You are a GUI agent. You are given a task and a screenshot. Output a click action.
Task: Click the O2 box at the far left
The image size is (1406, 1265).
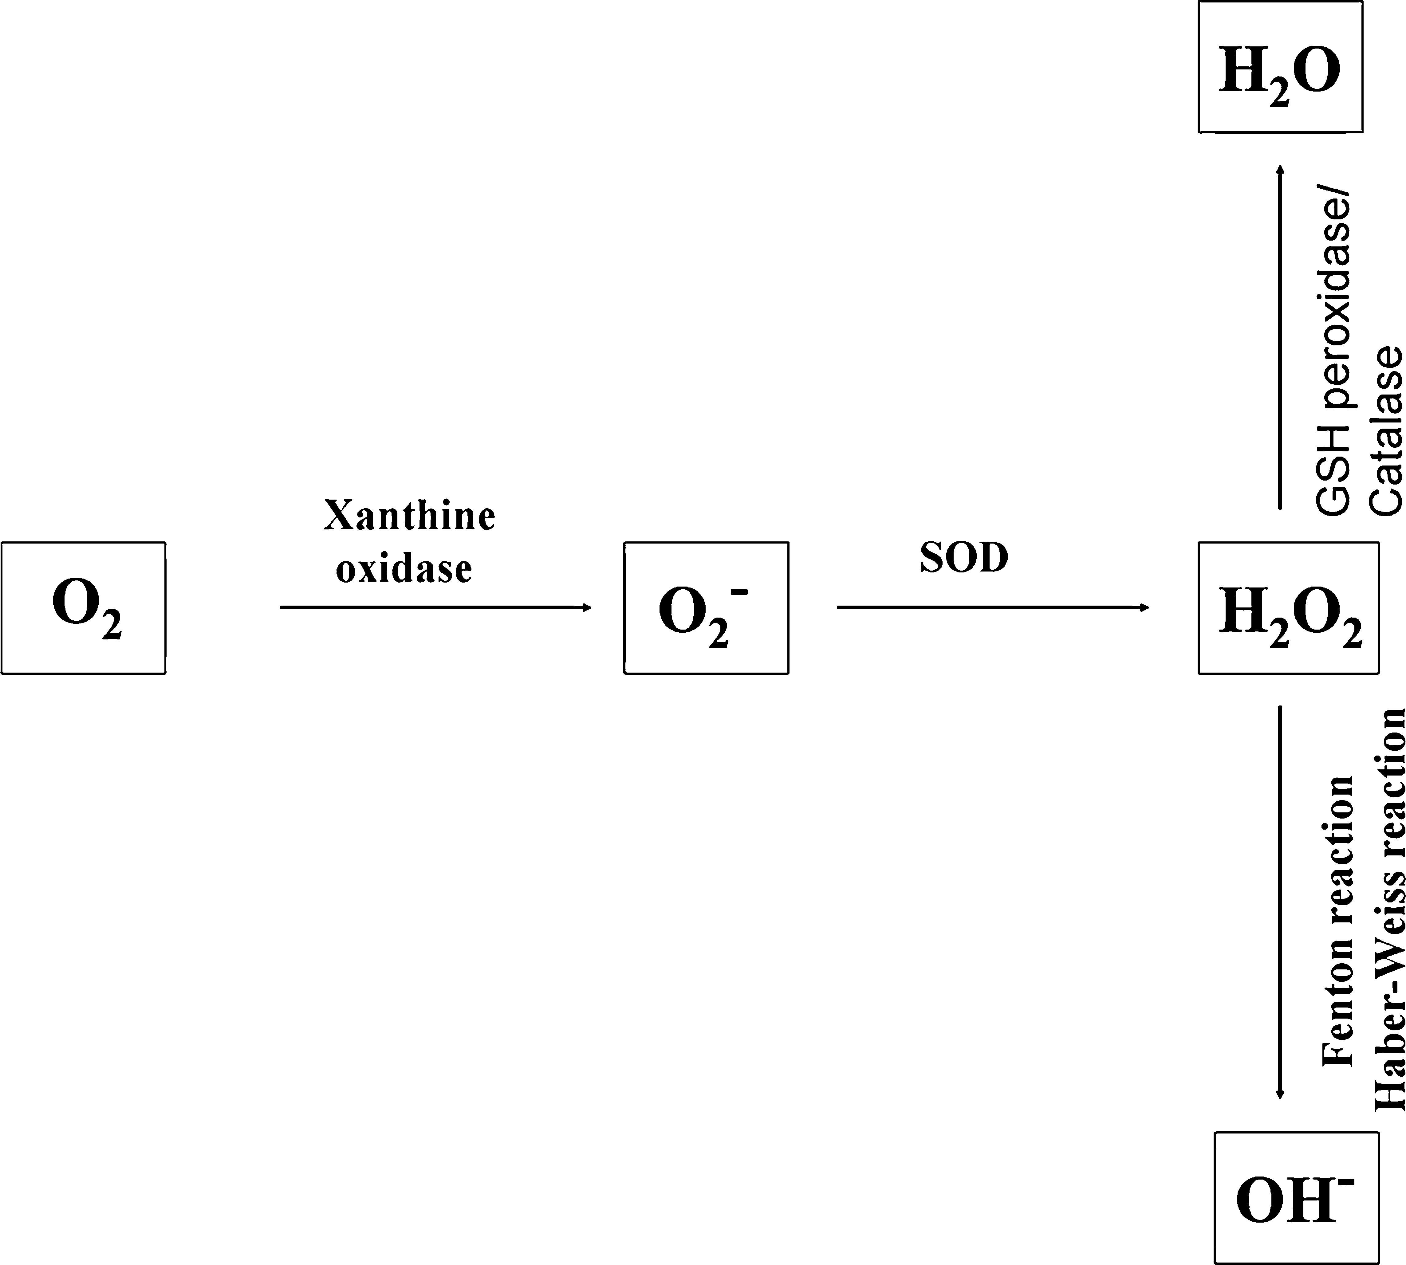[83, 607]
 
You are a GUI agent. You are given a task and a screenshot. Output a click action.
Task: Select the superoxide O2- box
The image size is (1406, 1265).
[706, 607]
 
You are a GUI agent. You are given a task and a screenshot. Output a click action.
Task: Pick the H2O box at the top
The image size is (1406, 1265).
[1280, 67]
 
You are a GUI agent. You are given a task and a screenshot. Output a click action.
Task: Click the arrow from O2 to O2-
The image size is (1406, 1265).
[436, 607]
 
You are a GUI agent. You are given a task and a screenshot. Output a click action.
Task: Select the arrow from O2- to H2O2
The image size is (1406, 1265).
[993, 607]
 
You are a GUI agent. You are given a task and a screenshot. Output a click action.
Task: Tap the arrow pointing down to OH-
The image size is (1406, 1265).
[1280, 903]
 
